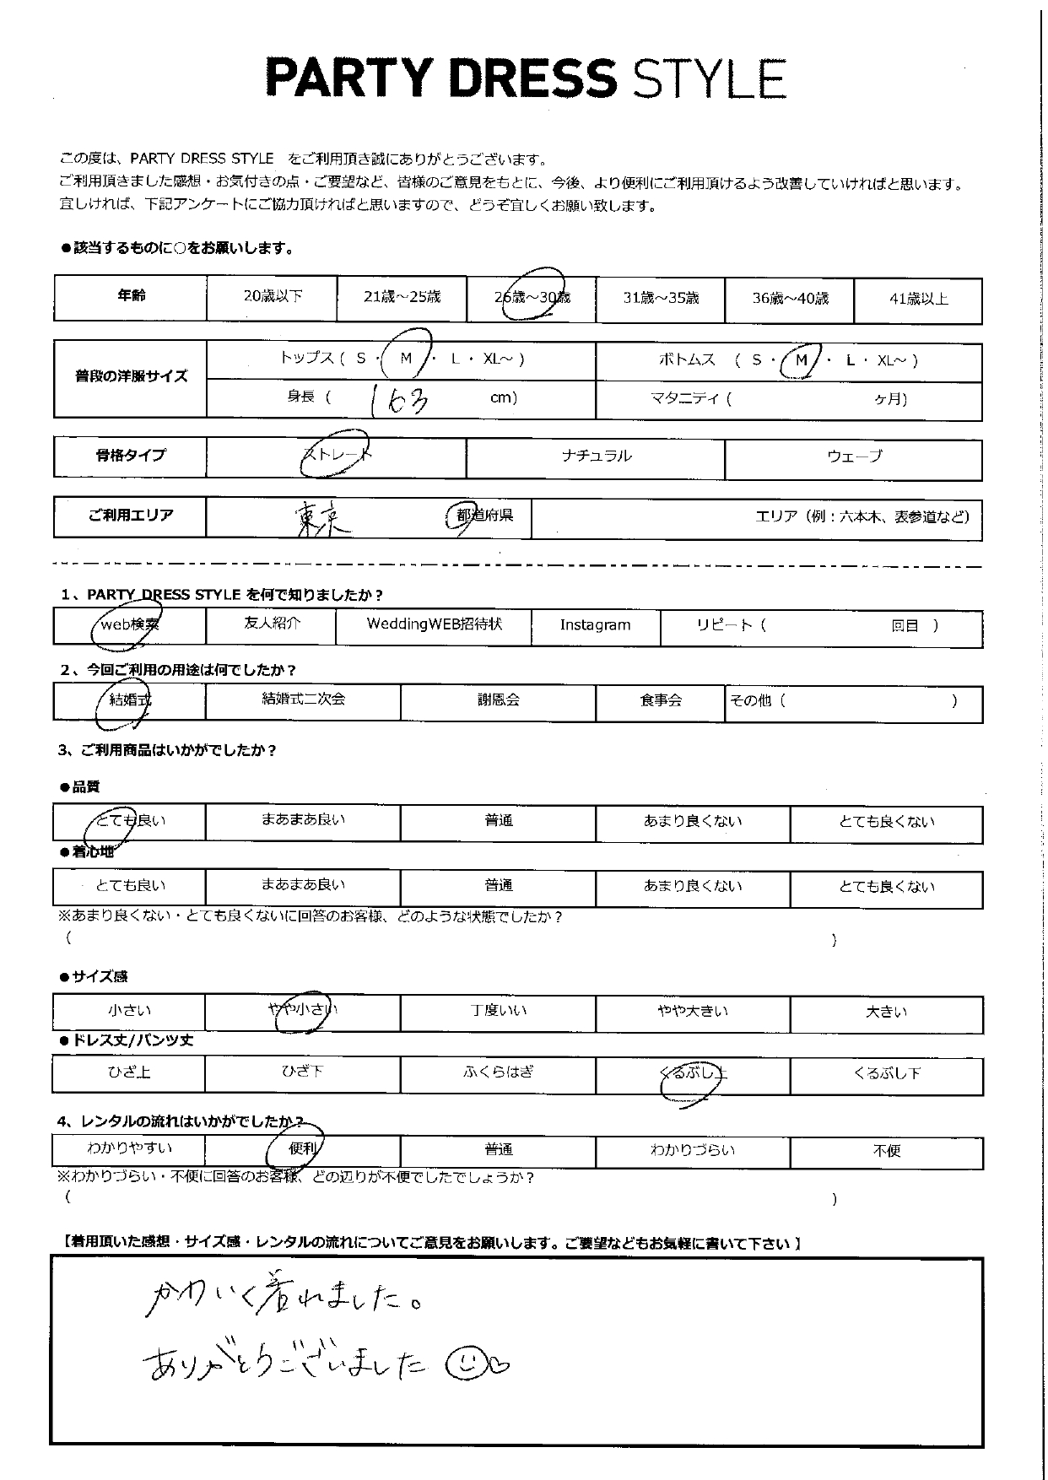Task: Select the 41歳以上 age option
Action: tap(918, 299)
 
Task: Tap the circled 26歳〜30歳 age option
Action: tap(532, 297)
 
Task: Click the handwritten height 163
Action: tap(399, 398)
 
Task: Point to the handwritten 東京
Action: tap(323, 517)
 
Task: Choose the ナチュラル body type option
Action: tap(596, 456)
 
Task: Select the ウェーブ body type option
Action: tap(854, 456)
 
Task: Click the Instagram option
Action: tap(595, 625)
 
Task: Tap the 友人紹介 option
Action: tap(271, 624)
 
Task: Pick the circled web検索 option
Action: tap(129, 625)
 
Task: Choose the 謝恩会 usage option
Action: tap(498, 700)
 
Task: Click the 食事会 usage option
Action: tap(660, 700)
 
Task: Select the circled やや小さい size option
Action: tap(302, 1010)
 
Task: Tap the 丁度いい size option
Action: tap(498, 1011)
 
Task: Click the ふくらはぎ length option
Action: tap(498, 1072)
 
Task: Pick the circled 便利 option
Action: tap(302, 1149)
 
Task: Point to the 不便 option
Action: tap(887, 1151)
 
